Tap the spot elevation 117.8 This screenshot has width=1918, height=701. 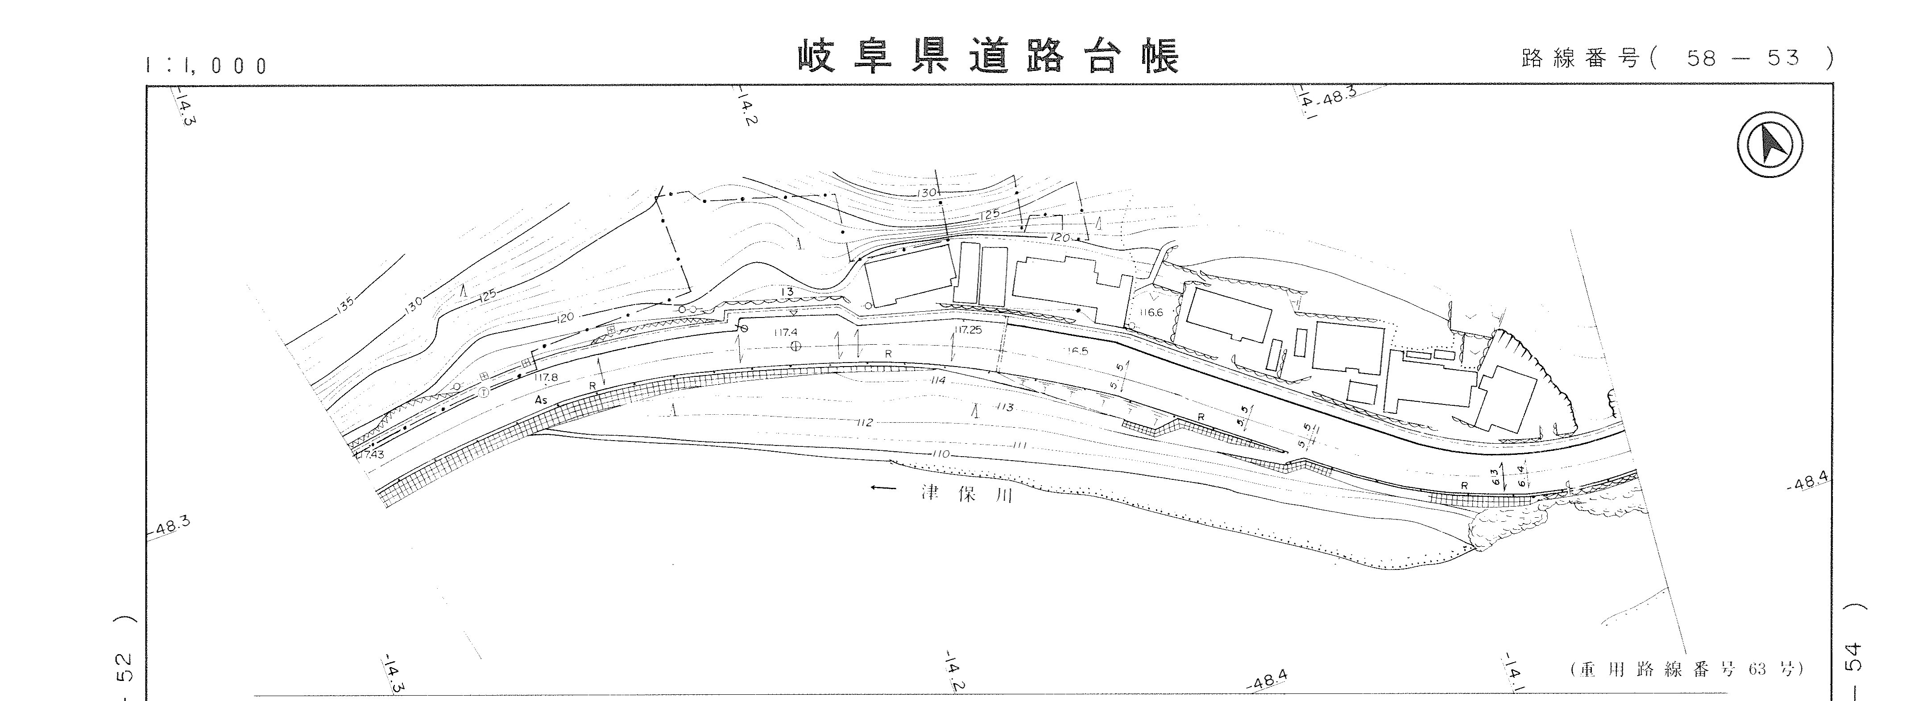click(546, 377)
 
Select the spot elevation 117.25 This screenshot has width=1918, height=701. click(968, 330)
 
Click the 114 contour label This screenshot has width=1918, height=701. click(938, 380)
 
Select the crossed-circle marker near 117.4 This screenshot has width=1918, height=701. click(795, 346)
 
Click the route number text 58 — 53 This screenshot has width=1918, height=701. click(1742, 58)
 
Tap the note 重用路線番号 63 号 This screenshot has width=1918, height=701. click(1686, 669)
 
